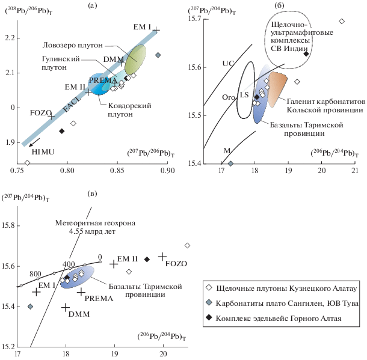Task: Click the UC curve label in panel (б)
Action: tap(227, 63)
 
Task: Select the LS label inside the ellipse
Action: tap(244, 95)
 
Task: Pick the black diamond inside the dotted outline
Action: tap(306, 53)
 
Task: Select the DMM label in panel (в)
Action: tap(75, 314)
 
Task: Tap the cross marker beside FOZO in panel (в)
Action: tap(162, 257)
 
